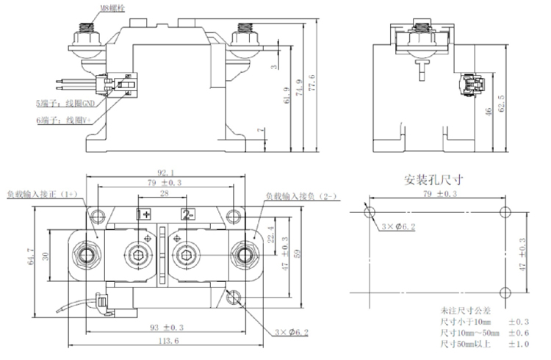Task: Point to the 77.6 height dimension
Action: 314,76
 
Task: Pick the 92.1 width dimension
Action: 165,173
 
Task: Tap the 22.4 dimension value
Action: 272,233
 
